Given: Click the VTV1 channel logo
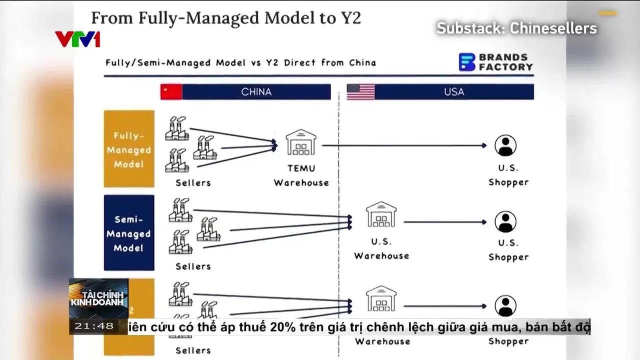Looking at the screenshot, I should point(77,39).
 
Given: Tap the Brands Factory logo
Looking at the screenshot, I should point(495,62).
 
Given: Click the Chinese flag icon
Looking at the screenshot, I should point(171,92).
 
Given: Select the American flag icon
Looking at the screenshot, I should point(360,92).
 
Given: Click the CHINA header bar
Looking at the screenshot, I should point(256,92).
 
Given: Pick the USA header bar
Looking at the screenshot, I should point(453,92).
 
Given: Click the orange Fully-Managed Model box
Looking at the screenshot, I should point(129,149).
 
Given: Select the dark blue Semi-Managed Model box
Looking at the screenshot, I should point(129,233).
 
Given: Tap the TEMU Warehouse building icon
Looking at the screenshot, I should point(301,143).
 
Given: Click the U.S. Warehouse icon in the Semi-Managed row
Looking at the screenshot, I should point(381,215).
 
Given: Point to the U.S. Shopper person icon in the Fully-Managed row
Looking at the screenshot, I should point(505,145).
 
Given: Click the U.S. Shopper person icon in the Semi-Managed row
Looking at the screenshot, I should point(505,221).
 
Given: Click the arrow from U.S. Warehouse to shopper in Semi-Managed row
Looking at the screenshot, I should point(444,221).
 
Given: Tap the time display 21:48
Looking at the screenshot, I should point(94,326).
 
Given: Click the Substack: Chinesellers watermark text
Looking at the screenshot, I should point(517,28).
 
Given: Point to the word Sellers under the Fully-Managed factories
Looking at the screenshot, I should point(193,182).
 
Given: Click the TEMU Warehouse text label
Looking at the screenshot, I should point(301,175).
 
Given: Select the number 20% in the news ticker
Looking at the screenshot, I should point(283,327).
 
